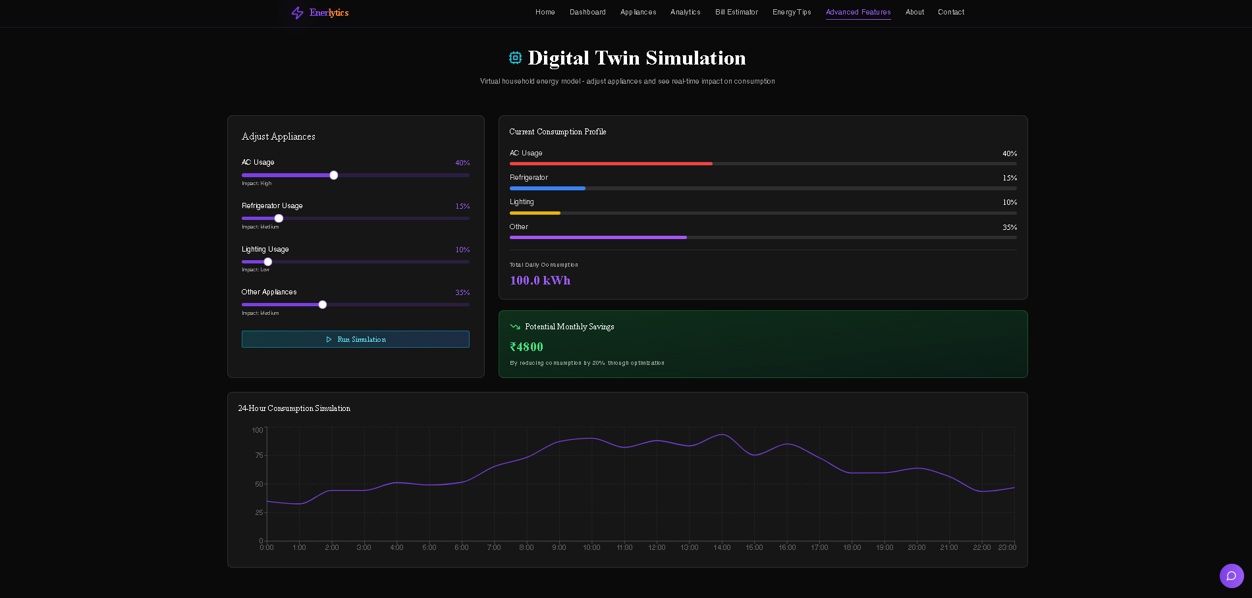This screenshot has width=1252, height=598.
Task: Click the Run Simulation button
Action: [x=356, y=339]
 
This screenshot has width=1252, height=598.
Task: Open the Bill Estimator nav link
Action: [x=736, y=12]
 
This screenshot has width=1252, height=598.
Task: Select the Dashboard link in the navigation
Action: [x=587, y=12]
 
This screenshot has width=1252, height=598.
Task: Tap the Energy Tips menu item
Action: [x=792, y=12]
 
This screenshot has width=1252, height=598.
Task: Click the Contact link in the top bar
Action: [x=951, y=12]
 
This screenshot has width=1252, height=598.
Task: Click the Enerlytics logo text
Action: [x=329, y=13]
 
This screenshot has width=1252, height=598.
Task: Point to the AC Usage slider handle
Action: [x=334, y=175]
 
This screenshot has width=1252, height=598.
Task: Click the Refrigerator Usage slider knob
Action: [x=279, y=218]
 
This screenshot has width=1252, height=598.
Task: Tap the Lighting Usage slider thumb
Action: [x=268, y=261]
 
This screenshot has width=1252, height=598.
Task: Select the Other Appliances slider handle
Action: [x=323, y=304]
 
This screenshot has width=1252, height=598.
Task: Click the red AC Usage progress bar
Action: [x=611, y=163]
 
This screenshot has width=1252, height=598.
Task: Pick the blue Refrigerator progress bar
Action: [x=547, y=188]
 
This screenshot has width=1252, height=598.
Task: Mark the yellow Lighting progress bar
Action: [x=535, y=213]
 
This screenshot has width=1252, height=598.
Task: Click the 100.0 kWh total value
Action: [x=540, y=281]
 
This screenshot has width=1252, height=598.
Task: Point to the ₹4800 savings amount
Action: [x=527, y=347]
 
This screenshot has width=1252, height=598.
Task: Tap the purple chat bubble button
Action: [x=1232, y=576]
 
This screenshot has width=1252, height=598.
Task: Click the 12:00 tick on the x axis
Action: [x=657, y=547]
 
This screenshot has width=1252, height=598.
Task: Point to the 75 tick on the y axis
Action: [x=259, y=455]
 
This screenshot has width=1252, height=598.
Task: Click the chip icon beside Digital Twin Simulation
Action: [x=515, y=58]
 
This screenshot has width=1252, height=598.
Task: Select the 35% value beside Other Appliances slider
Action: [x=462, y=292]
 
